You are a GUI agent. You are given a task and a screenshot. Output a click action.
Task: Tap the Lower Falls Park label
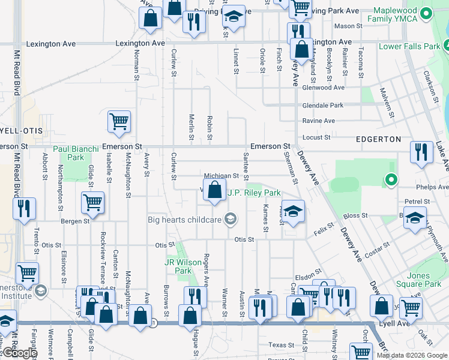click(408, 47)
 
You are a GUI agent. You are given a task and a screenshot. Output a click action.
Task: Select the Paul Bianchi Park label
click(76, 153)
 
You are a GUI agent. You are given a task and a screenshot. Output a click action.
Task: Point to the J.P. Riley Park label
click(254, 193)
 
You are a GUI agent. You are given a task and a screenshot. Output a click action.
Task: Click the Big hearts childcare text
click(185, 219)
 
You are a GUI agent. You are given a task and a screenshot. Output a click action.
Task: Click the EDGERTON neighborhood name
click(379, 139)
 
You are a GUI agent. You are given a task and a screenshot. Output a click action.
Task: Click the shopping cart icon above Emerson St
click(119, 121)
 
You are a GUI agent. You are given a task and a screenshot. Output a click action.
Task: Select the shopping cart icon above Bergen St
click(93, 203)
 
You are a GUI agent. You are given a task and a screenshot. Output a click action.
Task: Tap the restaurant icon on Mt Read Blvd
click(25, 208)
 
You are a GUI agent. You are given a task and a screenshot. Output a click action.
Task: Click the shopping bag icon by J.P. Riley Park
click(214, 191)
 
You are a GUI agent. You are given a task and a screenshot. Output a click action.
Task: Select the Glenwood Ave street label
click(324, 87)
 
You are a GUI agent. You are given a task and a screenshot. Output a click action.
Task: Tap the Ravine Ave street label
click(319, 121)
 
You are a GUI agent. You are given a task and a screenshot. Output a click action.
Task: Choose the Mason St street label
click(348, 26)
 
